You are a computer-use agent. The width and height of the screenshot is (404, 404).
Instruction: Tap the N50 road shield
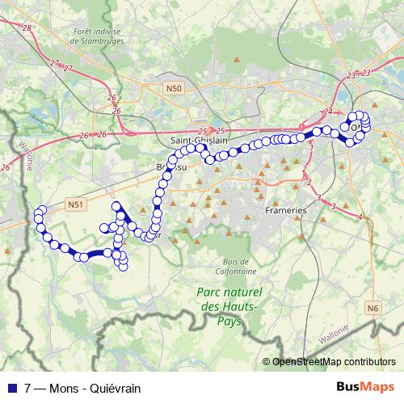[x=173, y=87]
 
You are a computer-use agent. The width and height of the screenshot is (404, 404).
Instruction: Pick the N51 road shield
[x=76, y=205]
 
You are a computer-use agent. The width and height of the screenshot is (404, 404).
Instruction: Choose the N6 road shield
[x=372, y=307]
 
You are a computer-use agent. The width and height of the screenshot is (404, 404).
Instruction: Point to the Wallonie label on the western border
[x=23, y=150]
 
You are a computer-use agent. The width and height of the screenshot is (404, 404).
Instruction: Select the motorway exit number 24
[x=327, y=112]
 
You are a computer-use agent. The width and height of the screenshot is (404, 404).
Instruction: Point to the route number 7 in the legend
[x=28, y=386]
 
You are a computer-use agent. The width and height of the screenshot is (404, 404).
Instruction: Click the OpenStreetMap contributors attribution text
[x=334, y=361]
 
